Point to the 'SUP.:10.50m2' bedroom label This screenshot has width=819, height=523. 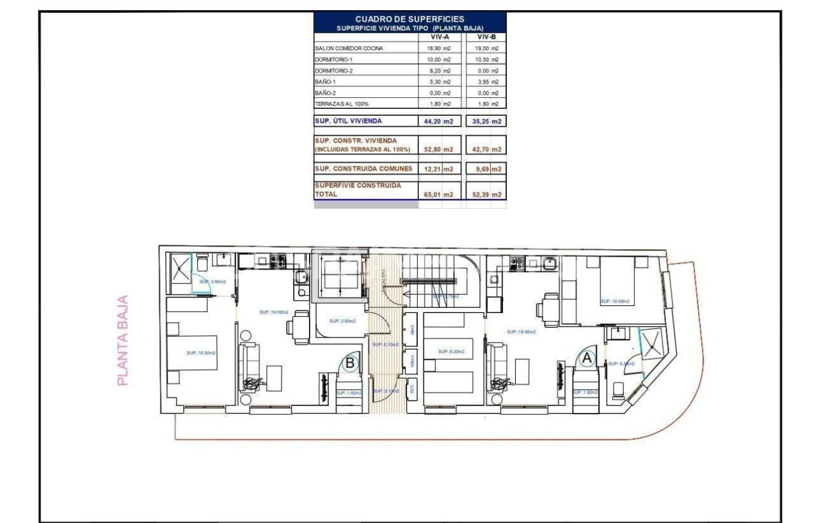pyautogui.click(x=200, y=352)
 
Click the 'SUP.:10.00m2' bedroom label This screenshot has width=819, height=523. pyautogui.click(x=614, y=301)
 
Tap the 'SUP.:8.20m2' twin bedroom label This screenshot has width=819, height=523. pyautogui.click(x=451, y=351)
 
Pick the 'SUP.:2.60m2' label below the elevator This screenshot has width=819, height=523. pyautogui.click(x=342, y=321)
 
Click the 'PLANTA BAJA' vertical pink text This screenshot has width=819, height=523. pyautogui.click(x=123, y=340)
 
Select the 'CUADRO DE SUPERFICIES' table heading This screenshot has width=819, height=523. pyautogui.click(x=409, y=19)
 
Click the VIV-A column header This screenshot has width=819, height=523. pyautogui.click(x=439, y=37)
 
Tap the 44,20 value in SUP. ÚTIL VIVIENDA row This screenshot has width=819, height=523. pyautogui.click(x=434, y=121)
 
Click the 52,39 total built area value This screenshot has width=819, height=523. pyautogui.click(x=481, y=195)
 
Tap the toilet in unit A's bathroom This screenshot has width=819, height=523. pyautogui.click(x=618, y=389)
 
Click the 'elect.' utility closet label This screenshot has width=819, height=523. pyautogui.click(x=413, y=330)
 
